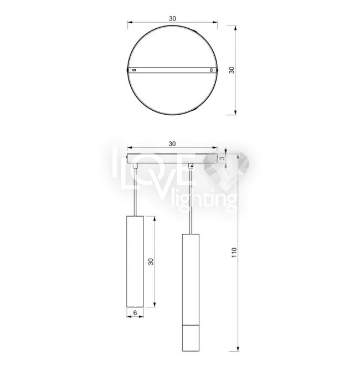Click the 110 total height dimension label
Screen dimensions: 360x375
point(234,253)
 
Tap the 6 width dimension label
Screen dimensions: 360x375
point(135,312)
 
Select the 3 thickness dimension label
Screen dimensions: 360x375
point(222,158)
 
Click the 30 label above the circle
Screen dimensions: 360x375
point(172,18)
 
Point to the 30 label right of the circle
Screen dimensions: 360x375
point(232,70)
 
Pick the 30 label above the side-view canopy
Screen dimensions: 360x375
point(172,143)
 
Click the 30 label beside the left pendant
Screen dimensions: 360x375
point(151,261)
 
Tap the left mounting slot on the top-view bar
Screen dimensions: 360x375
point(134,70)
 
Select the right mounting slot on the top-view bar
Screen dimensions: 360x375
point(211,70)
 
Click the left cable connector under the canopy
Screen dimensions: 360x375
point(135,166)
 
